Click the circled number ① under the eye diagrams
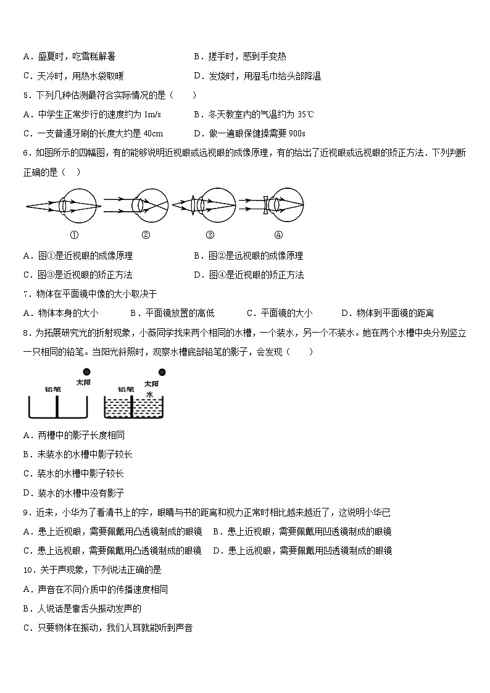click(74, 234)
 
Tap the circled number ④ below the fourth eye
click(278, 234)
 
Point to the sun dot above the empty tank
click(86, 372)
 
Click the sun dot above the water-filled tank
click(162, 372)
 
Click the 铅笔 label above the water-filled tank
click(126, 389)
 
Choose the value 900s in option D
click(297, 133)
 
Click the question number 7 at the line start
click(25, 294)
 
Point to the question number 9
click(25, 512)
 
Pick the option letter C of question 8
click(27, 473)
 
